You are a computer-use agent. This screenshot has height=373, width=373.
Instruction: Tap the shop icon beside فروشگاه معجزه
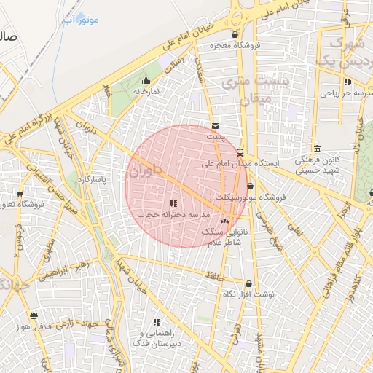[234, 35]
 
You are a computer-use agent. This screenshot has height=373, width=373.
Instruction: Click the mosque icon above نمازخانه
[146, 81]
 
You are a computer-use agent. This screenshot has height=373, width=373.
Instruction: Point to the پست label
[213, 136]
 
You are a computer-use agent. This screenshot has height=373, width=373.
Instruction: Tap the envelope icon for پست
[213, 126]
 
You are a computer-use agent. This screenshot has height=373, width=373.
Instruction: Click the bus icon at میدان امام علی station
[241, 152]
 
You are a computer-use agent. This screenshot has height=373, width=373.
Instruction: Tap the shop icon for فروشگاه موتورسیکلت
[251, 186]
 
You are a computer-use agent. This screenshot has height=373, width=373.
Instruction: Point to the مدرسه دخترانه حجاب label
[174, 215]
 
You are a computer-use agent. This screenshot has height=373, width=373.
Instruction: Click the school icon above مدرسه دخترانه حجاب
[173, 204]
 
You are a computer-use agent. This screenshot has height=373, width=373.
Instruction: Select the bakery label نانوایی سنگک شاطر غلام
[224, 237]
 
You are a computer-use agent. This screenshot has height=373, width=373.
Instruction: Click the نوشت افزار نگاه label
[248, 294]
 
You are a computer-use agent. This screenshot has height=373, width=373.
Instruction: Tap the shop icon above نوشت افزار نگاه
[249, 284]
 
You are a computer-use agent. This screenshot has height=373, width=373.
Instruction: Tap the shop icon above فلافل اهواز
[34, 315]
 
